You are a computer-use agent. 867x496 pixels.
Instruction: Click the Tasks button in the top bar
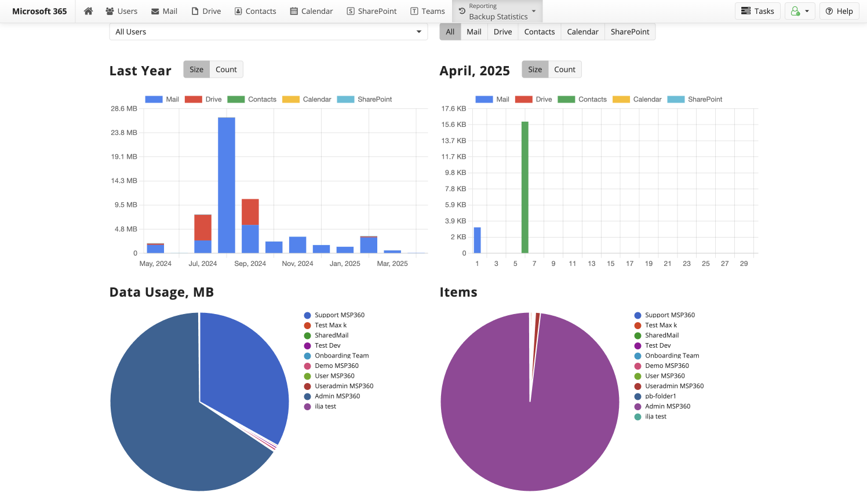coord(757,11)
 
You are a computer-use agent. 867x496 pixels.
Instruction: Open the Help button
coord(839,11)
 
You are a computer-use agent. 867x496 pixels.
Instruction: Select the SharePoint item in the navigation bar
coord(371,11)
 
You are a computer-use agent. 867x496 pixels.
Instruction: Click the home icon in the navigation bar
coord(88,11)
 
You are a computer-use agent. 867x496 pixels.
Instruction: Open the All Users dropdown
coord(268,32)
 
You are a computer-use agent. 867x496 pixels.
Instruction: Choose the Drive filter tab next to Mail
coord(502,32)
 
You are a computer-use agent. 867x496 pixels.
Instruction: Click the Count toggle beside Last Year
coord(226,70)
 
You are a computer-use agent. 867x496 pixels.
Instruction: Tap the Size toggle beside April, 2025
coord(535,70)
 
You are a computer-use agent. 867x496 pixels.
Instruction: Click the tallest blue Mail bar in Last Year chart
coord(227,185)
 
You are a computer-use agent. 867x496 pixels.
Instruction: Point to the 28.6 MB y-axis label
coord(124,109)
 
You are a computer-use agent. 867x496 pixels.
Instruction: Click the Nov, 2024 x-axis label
coord(297,264)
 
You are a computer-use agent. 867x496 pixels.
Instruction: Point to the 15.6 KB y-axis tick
coord(454,125)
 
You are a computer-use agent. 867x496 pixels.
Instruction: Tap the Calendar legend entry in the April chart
coord(637,100)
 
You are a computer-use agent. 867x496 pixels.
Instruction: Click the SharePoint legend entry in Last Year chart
coord(365,100)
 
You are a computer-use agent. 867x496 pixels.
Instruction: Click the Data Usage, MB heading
coord(162,293)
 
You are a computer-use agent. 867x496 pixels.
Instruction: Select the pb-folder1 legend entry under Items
coord(660,396)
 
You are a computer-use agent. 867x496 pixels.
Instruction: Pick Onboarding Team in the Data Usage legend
coord(341,356)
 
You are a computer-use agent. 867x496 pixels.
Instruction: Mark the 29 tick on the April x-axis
coord(744,264)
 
